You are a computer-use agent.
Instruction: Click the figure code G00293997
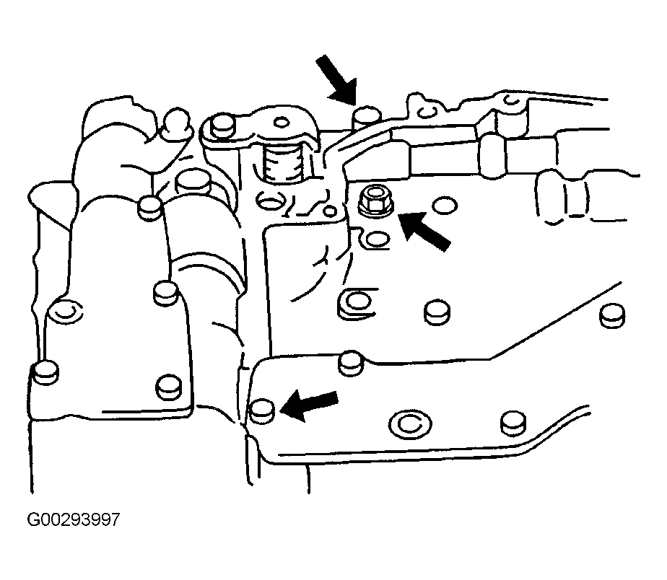74,519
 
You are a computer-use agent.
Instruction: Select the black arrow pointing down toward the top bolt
336,80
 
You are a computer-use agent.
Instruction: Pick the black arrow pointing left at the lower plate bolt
309,406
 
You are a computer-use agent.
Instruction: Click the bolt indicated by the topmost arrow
368,118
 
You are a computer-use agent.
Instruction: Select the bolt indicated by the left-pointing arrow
262,411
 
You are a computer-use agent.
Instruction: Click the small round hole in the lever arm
281,123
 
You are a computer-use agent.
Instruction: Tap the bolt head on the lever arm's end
222,126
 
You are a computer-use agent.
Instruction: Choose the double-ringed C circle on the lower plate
410,423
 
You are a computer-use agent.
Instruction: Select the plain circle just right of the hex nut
445,206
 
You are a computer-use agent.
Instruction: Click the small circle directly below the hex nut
378,239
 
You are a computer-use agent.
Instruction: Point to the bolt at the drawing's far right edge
612,315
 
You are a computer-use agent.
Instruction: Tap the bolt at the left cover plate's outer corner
45,373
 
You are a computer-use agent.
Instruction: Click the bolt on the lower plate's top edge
351,363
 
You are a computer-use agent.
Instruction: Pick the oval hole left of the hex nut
271,201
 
